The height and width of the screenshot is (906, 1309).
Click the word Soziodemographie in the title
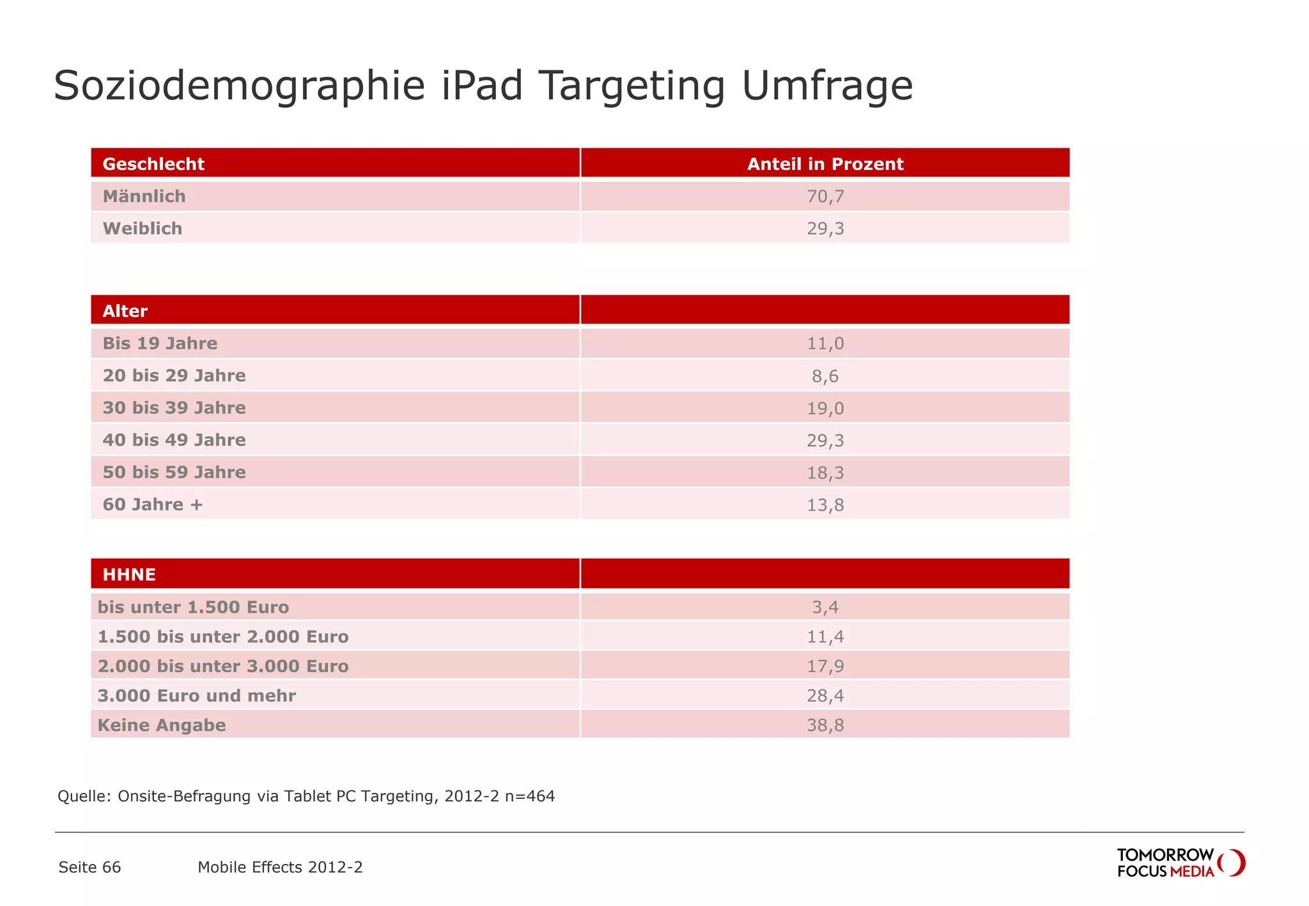click(239, 86)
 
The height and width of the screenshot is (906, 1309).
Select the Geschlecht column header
click(153, 164)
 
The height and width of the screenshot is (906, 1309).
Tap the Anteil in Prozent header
click(825, 164)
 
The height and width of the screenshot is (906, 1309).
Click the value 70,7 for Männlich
click(825, 196)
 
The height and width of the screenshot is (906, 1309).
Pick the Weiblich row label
click(143, 229)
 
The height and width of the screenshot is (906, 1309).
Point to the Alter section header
click(125, 311)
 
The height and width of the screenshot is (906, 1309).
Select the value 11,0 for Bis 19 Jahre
click(825, 344)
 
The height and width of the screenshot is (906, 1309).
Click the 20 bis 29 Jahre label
click(174, 376)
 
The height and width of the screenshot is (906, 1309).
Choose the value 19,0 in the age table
click(825, 408)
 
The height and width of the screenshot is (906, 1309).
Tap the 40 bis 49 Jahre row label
click(174, 440)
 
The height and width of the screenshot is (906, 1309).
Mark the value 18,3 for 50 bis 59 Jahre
click(825, 473)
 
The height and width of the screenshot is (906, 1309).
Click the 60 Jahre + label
click(153, 505)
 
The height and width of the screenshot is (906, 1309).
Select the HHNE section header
click(129, 574)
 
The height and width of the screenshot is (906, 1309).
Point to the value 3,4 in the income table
click(825, 607)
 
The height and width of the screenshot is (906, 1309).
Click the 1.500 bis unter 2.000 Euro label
click(223, 636)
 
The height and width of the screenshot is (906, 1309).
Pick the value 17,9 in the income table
click(825, 666)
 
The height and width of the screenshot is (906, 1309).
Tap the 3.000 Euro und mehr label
click(197, 696)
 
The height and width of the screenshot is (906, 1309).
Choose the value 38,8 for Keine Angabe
click(825, 725)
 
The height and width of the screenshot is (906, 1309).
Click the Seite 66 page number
click(89, 867)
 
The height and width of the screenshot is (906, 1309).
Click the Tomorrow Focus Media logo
click(1180, 863)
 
